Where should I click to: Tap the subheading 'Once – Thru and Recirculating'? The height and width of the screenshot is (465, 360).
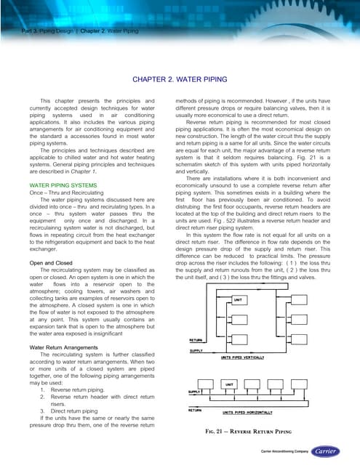(x=63, y=193)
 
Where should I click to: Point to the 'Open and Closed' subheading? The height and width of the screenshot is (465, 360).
(x=50, y=263)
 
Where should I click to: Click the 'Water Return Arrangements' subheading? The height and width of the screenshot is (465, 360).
(x=67, y=347)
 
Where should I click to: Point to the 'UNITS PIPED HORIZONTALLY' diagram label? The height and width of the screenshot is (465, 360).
(x=256, y=411)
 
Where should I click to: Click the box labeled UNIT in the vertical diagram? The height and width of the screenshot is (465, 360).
(x=238, y=299)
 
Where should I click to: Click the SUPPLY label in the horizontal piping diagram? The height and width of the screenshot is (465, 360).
(x=195, y=392)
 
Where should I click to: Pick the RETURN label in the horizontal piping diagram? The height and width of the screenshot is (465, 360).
(x=196, y=410)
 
